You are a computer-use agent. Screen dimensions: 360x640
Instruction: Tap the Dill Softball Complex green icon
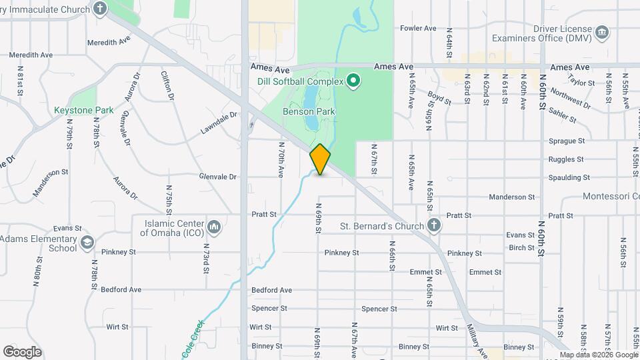pyautogui.click(x=354, y=82)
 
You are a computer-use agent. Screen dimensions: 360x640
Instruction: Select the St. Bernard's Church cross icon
pyautogui.click(x=434, y=225)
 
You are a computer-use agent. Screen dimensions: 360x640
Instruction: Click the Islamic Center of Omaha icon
pyautogui.click(x=214, y=227)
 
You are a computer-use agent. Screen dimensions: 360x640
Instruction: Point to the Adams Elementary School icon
pyautogui.click(x=87, y=243)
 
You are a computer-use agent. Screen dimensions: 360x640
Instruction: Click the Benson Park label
pyautogui.click(x=309, y=112)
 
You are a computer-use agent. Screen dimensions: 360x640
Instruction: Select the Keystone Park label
pyautogui.click(x=83, y=110)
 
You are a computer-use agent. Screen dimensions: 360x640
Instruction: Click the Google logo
pyautogui.click(x=22, y=352)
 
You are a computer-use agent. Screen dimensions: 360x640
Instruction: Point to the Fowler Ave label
pyautogui.click(x=418, y=28)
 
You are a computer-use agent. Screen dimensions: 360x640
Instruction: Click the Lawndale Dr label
pyautogui.click(x=219, y=124)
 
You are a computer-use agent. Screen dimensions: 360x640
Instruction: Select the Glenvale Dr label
pyautogui.click(x=218, y=177)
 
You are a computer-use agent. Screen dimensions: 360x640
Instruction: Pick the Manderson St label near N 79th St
pyautogui.click(x=51, y=181)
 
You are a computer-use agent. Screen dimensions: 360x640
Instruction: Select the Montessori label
pyautogui.click(x=610, y=197)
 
